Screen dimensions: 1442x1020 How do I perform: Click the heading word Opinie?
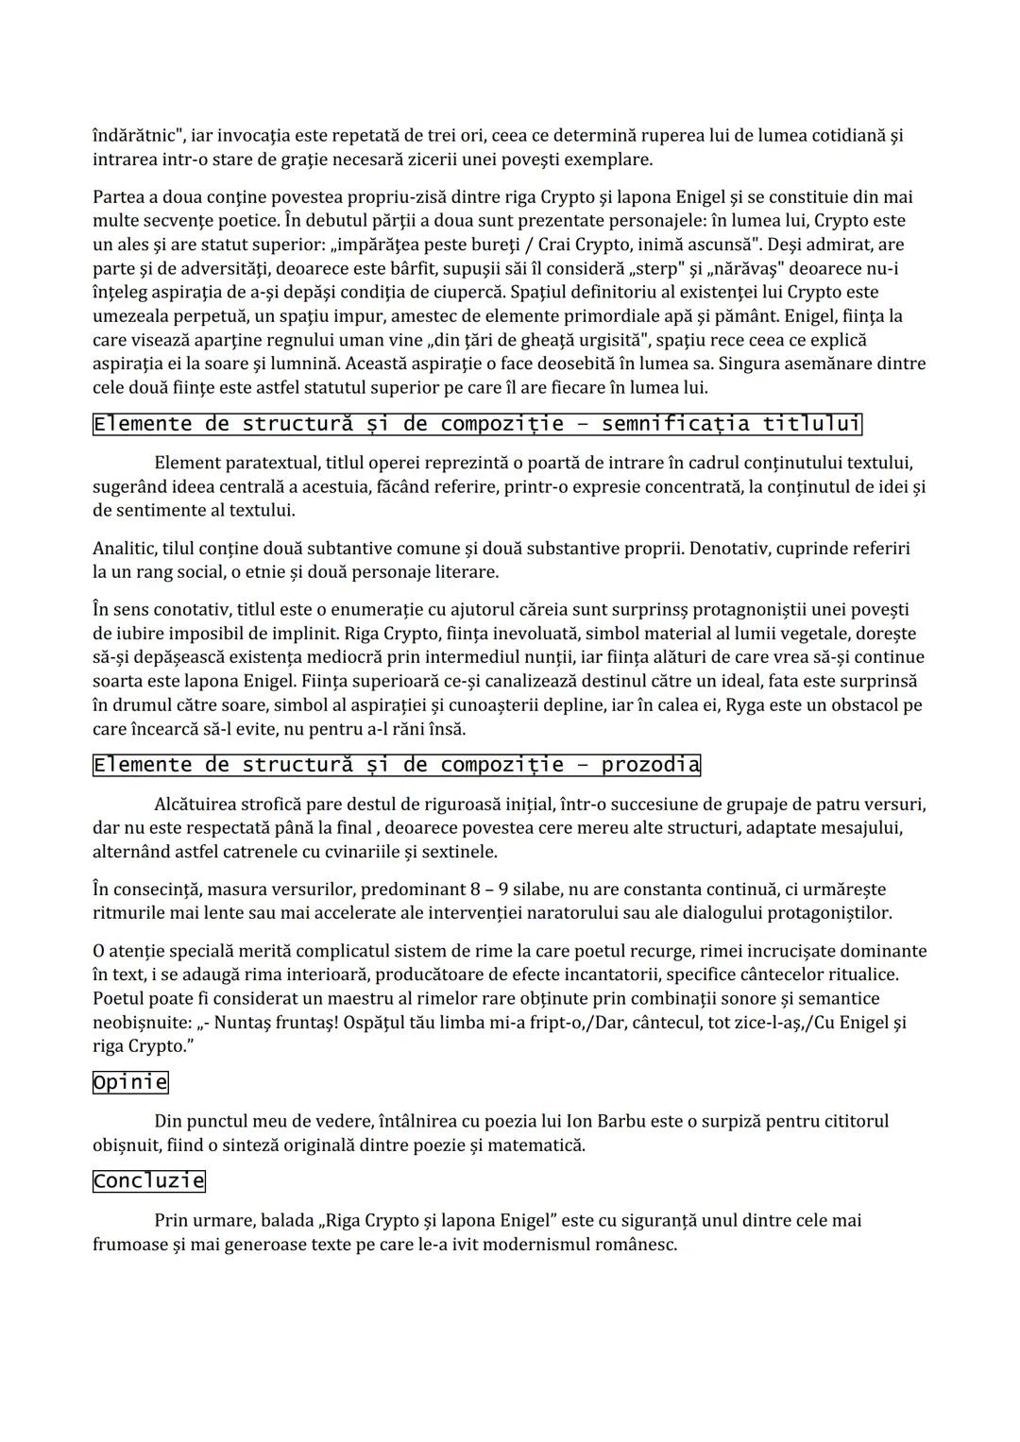(130, 1082)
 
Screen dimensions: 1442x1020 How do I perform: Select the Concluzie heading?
(148, 1180)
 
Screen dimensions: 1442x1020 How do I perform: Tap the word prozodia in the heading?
(650, 765)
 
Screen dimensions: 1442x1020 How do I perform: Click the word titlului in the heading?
(811, 424)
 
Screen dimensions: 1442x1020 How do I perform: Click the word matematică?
(541, 1145)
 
